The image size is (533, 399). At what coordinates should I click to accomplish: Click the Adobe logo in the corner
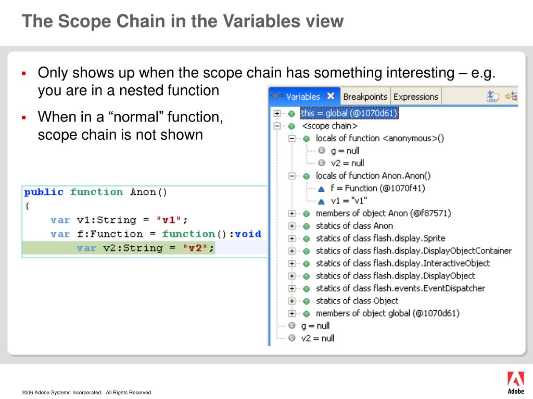click(515, 382)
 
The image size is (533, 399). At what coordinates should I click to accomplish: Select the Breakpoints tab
click(365, 97)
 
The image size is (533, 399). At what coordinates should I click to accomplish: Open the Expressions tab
click(416, 97)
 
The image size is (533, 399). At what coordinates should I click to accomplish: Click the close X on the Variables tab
click(331, 96)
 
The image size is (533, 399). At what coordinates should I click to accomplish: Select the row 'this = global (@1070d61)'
click(349, 113)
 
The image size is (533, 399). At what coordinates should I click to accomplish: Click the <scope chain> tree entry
click(329, 126)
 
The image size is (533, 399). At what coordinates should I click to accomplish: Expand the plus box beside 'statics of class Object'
click(292, 301)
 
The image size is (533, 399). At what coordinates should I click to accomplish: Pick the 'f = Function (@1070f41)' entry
click(370, 188)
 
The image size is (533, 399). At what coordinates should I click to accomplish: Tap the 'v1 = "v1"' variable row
click(349, 201)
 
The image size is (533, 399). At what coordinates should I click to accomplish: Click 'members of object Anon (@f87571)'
click(383, 213)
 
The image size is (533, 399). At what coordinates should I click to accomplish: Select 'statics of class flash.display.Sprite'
click(380, 238)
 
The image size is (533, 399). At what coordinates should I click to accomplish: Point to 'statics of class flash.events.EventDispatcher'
click(400, 288)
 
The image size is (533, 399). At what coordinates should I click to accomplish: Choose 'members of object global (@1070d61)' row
click(387, 313)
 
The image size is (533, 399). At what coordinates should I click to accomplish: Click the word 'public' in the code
click(44, 192)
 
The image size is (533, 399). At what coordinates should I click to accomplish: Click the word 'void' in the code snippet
click(248, 234)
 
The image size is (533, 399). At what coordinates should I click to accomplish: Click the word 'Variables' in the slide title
click(261, 21)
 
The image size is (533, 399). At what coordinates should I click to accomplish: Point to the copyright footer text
click(87, 393)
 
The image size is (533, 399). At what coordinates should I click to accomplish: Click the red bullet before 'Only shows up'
click(23, 73)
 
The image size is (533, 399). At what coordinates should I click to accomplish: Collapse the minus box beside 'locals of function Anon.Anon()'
click(292, 176)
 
